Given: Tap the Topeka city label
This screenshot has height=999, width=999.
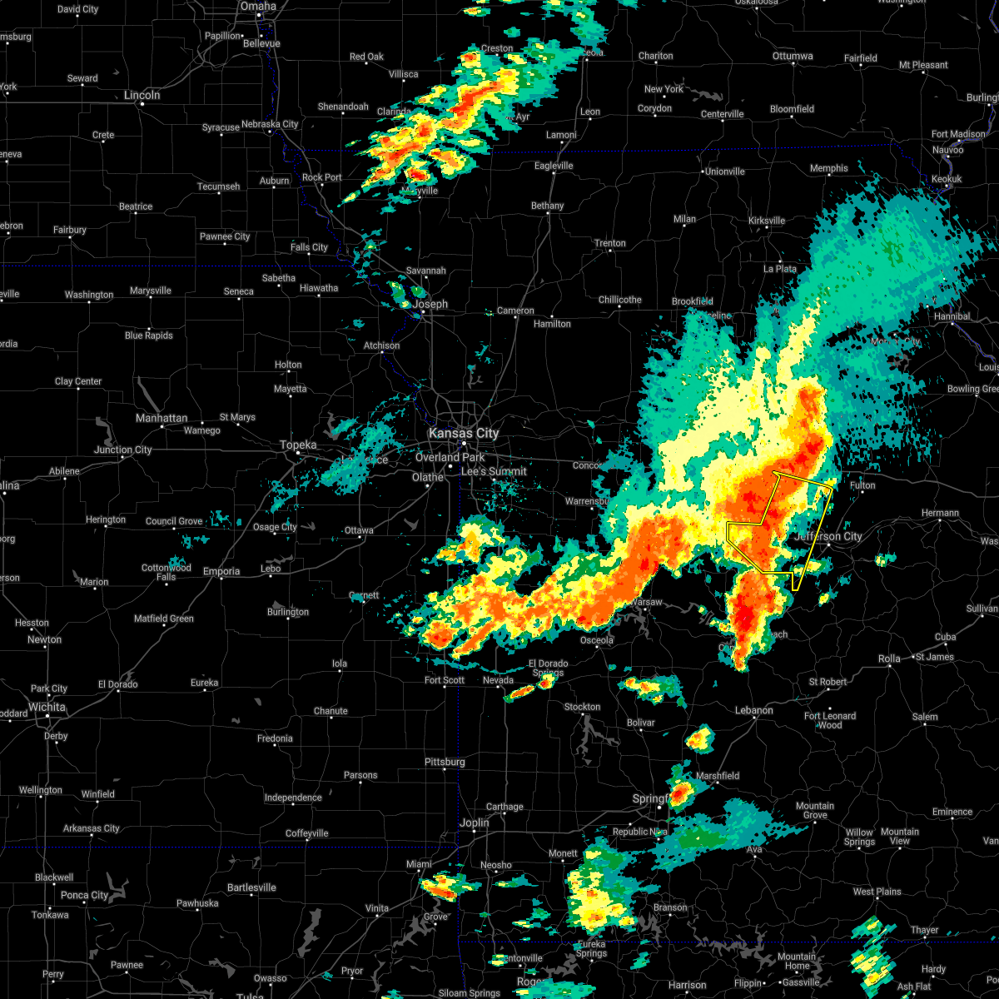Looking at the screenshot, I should (298, 445).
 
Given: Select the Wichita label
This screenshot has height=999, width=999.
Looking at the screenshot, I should (47, 707).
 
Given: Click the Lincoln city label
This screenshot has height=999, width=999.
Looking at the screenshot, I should (142, 95).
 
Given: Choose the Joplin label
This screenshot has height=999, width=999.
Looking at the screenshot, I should (475, 823).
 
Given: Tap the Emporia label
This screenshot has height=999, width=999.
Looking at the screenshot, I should (221, 571).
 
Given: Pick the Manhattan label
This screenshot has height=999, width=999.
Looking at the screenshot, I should (162, 418).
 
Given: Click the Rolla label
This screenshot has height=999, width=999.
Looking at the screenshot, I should (889, 659).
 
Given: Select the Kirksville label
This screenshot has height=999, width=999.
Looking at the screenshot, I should (767, 221).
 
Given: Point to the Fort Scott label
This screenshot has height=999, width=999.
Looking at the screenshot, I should (445, 680).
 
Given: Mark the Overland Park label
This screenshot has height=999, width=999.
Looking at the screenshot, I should (450, 457).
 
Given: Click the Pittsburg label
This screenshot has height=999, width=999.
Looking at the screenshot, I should (445, 762).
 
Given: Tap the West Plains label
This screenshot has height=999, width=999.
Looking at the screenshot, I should (877, 892).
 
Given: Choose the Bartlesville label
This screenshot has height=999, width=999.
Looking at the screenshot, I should (251, 887).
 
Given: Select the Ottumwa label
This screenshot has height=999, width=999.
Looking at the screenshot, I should (793, 56).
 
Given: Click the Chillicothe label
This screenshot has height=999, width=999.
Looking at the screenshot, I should (620, 300).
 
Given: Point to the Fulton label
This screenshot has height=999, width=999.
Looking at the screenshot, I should (862, 485).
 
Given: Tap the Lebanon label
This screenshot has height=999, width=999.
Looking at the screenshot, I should (754, 710).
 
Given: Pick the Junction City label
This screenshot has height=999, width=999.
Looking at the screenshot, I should (123, 450).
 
